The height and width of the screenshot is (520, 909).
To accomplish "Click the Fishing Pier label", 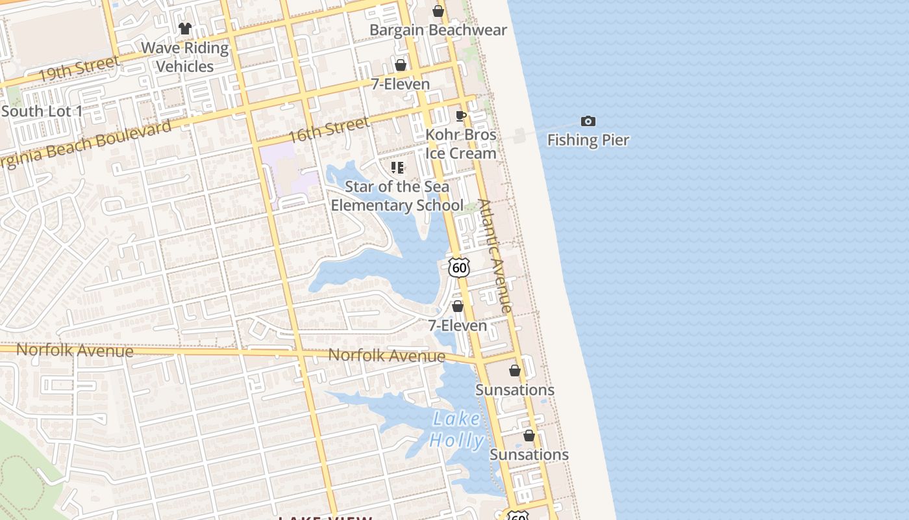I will point(588,140).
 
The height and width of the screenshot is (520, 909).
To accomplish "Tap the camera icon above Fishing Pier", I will point(588,121).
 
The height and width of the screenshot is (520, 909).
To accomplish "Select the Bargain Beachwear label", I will point(438,30).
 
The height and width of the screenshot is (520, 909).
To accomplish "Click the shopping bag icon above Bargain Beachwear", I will point(438,11).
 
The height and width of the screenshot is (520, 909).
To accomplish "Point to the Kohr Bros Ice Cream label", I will point(461,144).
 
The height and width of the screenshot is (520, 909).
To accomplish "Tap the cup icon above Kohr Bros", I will point(461,116).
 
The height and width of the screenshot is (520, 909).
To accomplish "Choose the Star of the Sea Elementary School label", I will point(397,196).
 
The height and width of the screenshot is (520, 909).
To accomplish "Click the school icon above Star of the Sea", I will point(397,168).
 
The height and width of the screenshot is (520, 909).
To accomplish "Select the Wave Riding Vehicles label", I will point(185,57).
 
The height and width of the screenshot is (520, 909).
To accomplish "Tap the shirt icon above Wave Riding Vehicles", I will point(185,29).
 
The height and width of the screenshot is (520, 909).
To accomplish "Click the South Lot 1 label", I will point(42,111).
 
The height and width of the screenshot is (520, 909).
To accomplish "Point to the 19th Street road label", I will point(79,70).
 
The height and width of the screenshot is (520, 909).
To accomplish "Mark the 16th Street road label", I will point(329,130).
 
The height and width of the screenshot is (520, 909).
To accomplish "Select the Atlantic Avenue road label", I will point(495,255).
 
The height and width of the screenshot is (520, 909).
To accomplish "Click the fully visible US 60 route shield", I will point(458,267).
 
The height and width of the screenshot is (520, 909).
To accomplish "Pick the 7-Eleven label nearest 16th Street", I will point(401,84).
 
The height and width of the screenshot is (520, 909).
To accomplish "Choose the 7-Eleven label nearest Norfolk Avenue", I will point(458,325).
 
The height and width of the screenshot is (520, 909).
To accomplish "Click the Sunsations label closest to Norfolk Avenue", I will point(515,389).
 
